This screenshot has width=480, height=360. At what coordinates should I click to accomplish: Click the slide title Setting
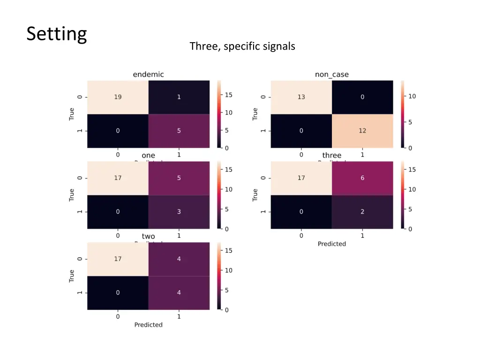(x=57, y=34)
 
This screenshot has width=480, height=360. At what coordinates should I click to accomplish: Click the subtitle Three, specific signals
(x=242, y=46)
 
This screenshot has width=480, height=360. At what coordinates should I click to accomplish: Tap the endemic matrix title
(x=148, y=74)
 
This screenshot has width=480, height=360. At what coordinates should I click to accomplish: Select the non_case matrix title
(x=331, y=74)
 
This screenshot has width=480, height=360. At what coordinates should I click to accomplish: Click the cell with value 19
(x=118, y=97)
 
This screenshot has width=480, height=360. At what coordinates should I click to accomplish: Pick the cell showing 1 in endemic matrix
(x=179, y=97)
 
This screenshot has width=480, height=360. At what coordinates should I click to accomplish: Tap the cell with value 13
(x=301, y=97)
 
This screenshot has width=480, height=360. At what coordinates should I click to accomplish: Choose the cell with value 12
(x=362, y=131)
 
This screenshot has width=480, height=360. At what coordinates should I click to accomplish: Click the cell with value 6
(x=362, y=178)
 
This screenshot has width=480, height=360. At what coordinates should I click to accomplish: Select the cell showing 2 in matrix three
(x=362, y=211)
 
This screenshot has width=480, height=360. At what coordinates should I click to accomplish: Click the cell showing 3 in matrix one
(x=179, y=211)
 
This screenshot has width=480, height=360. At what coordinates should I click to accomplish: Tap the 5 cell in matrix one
(x=179, y=178)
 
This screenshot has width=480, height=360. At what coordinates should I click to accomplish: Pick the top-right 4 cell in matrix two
(x=179, y=259)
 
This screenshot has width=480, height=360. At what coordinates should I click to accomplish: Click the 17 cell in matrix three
(x=301, y=178)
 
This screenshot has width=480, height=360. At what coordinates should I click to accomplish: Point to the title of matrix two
(x=148, y=236)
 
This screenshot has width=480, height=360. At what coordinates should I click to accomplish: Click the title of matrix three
(x=331, y=155)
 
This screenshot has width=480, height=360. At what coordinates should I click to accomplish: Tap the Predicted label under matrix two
(x=148, y=324)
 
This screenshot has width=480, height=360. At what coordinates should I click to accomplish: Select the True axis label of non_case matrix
(x=255, y=114)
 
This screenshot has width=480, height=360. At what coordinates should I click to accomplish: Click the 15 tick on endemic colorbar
(x=228, y=95)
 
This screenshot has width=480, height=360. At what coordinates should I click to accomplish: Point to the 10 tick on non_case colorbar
(x=412, y=96)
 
